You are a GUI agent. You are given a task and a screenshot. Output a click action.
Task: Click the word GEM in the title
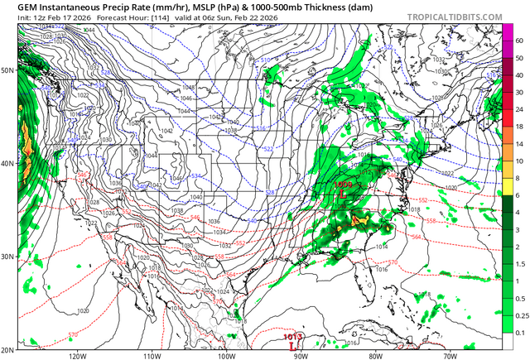tap(16, 6)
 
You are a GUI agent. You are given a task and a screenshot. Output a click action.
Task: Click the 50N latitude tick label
tap(7, 70)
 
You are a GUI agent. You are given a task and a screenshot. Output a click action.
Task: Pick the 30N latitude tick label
tap(7, 257)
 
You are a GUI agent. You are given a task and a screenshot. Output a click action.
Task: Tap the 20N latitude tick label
tap(7, 349)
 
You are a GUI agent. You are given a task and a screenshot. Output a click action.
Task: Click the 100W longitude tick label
tap(226, 356)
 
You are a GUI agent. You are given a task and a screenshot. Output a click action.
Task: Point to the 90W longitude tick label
tap(301, 356)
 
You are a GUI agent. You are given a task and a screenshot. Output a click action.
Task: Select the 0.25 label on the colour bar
tap(521, 315)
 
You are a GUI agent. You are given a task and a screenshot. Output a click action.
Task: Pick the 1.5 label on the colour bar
tap(519, 263)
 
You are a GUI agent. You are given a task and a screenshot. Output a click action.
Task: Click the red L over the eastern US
tap(342, 196)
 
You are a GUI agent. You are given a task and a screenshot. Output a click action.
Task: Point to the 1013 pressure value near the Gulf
tap(292, 337)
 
